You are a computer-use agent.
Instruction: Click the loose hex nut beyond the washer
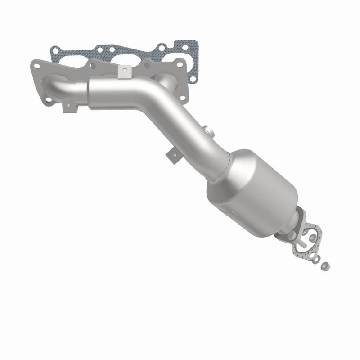click(325, 266)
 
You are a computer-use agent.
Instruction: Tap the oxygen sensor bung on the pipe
click(207, 130)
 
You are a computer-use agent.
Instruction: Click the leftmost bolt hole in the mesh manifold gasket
click(55, 50)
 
